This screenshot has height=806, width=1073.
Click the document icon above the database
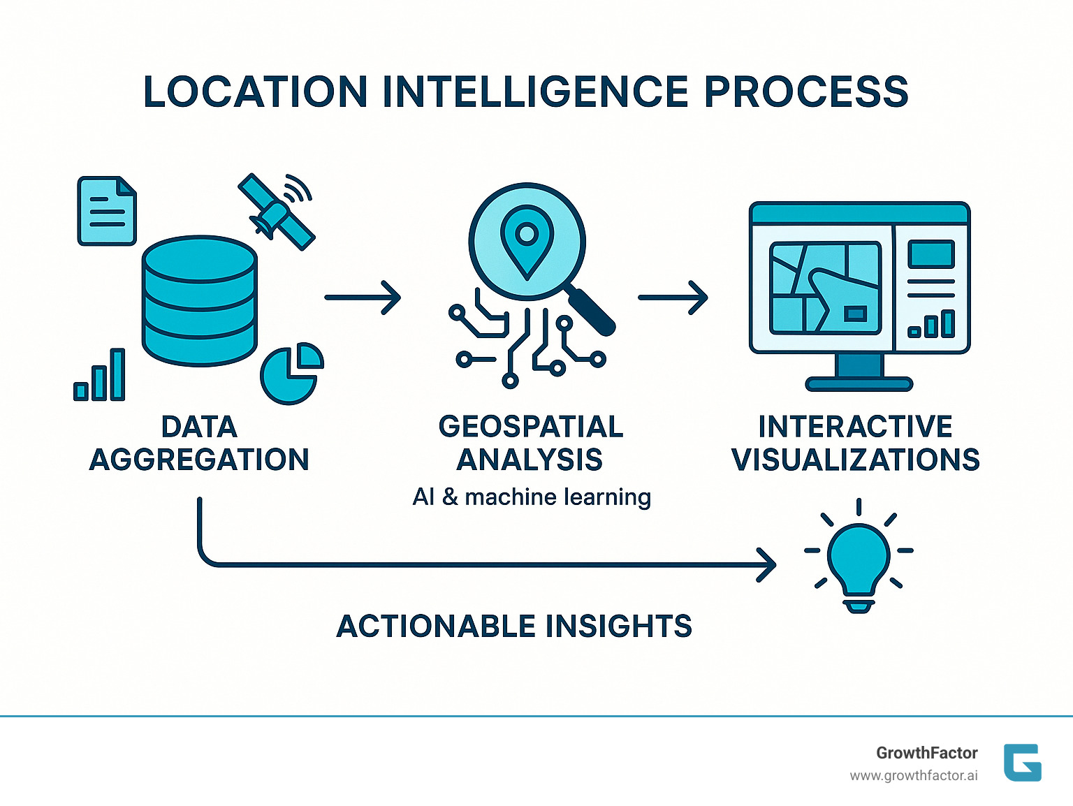(x=106, y=211)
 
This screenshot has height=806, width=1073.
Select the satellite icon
(x=277, y=211)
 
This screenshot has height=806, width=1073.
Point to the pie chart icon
(x=291, y=374)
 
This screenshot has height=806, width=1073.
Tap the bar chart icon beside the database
(x=100, y=377)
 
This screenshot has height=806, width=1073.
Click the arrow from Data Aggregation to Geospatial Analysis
(x=363, y=298)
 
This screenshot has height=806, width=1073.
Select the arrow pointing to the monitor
(x=673, y=298)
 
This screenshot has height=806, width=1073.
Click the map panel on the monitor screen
(x=824, y=288)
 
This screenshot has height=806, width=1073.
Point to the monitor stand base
(x=859, y=383)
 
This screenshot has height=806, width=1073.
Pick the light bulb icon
(x=859, y=559)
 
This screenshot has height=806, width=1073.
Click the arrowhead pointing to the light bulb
(x=767, y=564)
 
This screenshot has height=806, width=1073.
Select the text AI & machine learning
(x=532, y=497)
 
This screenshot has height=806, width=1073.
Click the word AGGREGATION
(x=199, y=460)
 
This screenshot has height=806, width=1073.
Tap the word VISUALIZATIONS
(x=855, y=460)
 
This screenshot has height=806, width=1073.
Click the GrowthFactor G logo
(x=1022, y=762)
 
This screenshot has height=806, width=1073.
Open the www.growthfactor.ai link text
(x=913, y=775)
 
